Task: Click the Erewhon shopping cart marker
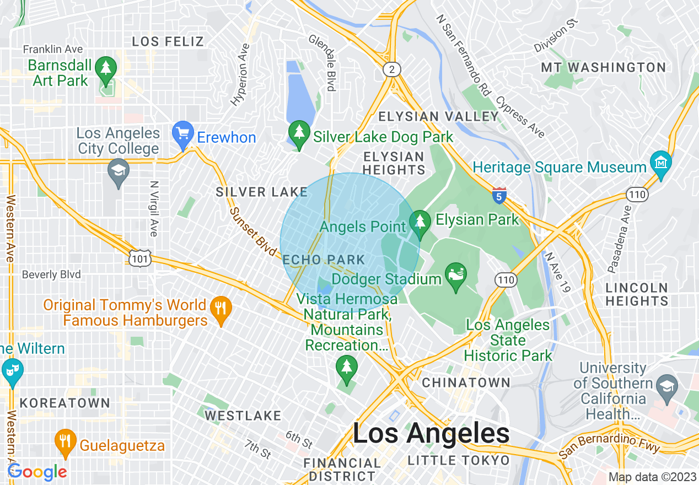pyautogui.click(x=182, y=133)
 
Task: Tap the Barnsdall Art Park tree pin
pyautogui.click(x=105, y=69)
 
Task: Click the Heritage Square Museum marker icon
pyautogui.click(x=660, y=163)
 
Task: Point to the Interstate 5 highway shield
pyautogui.click(x=499, y=195)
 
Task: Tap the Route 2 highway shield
pyautogui.click(x=391, y=69)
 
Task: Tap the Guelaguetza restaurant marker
pyautogui.click(x=65, y=441)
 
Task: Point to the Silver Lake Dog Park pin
pyautogui.click(x=299, y=133)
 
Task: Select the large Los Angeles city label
pyautogui.click(x=431, y=434)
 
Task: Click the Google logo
pyautogui.click(x=37, y=472)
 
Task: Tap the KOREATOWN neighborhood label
pyautogui.click(x=65, y=403)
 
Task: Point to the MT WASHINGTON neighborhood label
pyautogui.click(x=603, y=68)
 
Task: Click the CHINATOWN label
pyautogui.click(x=466, y=382)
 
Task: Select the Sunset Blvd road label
pyautogui.click(x=252, y=231)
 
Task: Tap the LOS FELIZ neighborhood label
pyautogui.click(x=168, y=41)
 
